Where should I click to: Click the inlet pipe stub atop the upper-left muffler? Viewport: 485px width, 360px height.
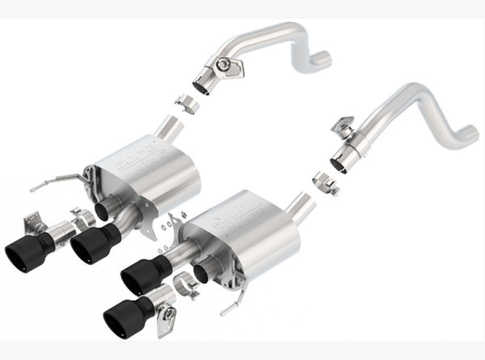(x=170, y=129)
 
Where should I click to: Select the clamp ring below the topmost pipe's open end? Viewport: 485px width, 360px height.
(x=188, y=105)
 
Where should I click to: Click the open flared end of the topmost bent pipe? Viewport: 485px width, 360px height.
(x=202, y=84)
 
